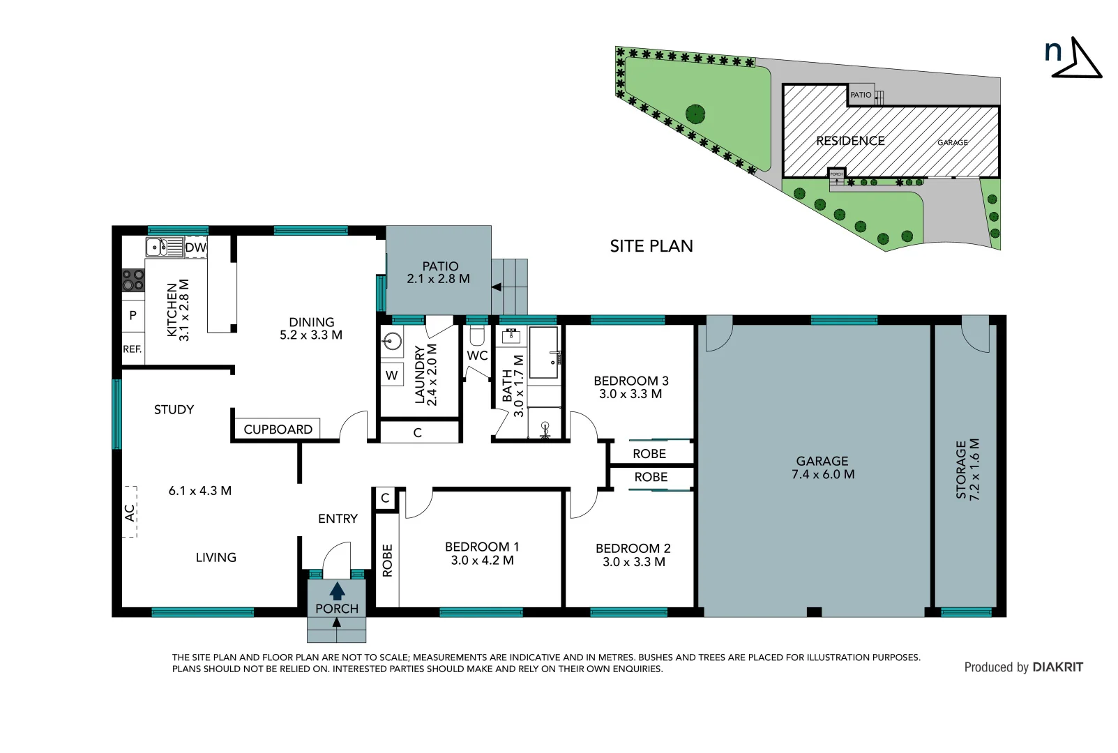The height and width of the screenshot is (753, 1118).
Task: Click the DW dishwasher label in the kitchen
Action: [195, 248]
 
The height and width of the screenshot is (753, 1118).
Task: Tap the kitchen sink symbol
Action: [156, 247]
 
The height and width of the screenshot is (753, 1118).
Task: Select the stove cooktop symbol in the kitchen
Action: [133, 280]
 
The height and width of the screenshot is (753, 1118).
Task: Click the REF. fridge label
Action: [133, 349]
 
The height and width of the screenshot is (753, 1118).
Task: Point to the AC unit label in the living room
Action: [130, 512]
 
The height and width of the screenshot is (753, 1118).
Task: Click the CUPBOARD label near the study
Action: [278, 429]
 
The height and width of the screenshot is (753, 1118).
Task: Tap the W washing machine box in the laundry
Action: [392, 375]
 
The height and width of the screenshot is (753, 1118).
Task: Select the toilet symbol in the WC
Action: [477, 337]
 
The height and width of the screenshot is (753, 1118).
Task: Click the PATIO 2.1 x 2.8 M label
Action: [439, 273]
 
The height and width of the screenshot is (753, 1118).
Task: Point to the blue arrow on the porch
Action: [337, 591]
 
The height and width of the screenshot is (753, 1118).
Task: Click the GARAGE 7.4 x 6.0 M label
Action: [822, 468]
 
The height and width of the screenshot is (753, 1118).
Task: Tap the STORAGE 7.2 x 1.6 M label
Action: [967, 469]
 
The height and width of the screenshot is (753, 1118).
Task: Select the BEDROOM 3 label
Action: [630, 381]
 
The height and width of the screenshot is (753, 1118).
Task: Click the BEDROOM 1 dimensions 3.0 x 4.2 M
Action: [482, 561]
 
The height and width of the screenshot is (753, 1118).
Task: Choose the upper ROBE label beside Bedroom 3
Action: [649, 454]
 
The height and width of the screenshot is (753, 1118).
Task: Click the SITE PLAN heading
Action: [651, 246]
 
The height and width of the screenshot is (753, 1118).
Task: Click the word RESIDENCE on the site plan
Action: [850, 141]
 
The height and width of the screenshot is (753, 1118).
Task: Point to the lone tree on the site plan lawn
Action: [695, 114]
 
